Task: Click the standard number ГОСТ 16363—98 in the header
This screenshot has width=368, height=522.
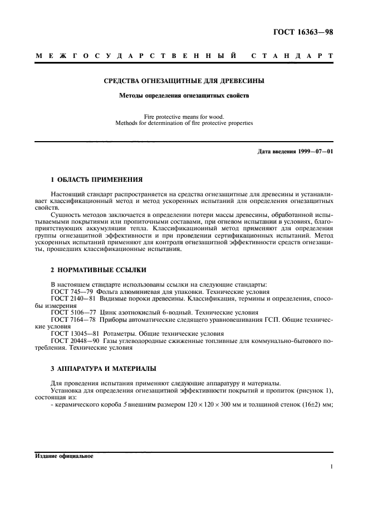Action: click(303, 31)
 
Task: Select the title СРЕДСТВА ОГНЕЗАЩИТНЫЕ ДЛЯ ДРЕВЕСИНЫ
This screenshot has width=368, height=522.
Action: click(184, 81)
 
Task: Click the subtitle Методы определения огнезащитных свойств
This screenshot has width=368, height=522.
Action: click(184, 95)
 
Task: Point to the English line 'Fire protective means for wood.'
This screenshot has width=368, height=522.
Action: click(184, 117)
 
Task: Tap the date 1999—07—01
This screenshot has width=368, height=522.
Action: click(314, 152)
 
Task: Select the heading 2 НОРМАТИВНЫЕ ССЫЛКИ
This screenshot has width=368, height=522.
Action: click(99, 269)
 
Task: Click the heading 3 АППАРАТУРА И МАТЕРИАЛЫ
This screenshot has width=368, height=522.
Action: click(103, 369)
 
